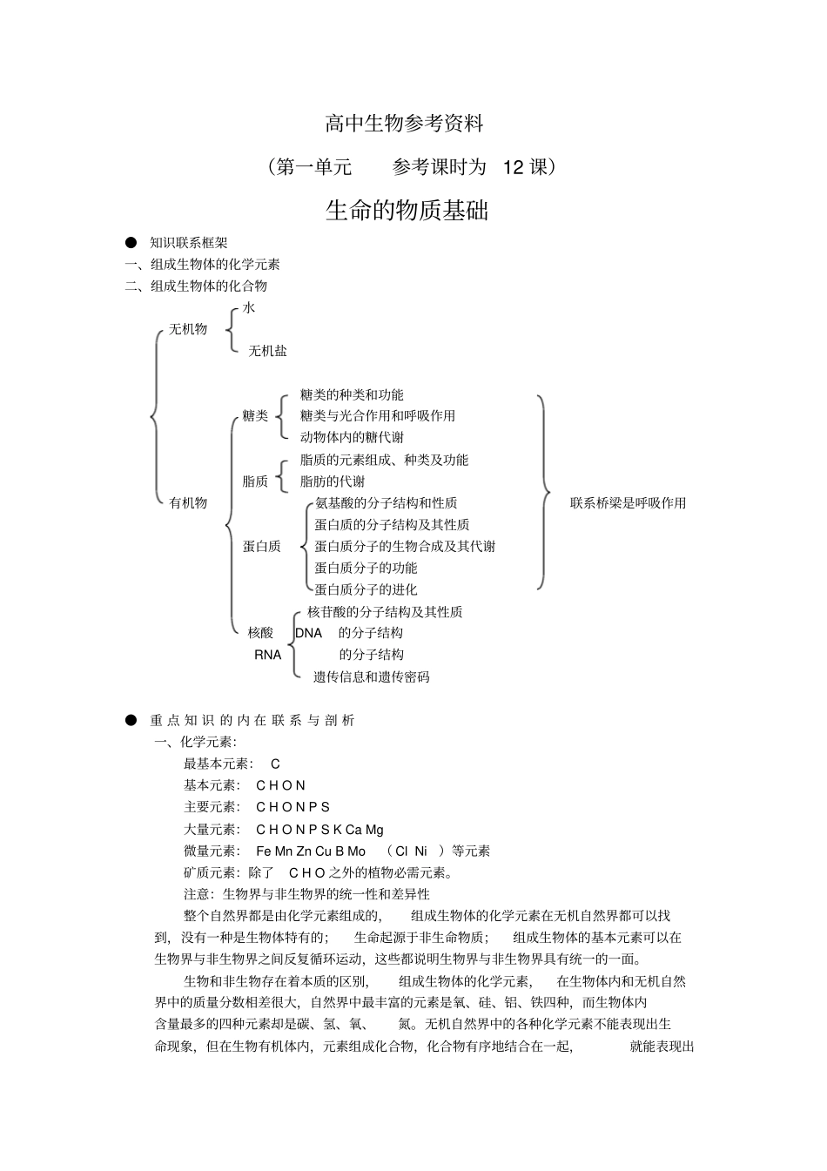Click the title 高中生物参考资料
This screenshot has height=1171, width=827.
coord(404,124)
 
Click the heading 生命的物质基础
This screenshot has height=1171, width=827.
coord(407,211)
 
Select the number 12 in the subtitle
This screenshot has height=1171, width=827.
coord(514,167)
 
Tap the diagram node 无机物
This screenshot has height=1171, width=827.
coord(188,329)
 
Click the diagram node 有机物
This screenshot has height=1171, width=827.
coord(188,502)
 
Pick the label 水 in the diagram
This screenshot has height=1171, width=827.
coord(249,307)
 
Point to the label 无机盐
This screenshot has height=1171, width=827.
coord(267,351)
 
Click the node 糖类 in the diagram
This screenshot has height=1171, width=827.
coord(255,416)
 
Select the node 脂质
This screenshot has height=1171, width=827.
coord(255,481)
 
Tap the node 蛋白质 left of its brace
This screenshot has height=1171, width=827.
coord(261,547)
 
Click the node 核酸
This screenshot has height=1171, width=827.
coord(260,633)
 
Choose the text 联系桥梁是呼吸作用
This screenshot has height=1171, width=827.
coord(628,503)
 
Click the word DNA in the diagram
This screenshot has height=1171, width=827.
coord(309,633)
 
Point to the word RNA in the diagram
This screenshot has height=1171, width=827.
coord(268,655)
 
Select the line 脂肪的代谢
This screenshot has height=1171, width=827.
coord(333,481)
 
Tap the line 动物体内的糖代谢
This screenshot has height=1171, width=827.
coord(352,438)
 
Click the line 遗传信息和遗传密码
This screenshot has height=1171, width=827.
coord(371,677)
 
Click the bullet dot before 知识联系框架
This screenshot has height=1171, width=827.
coord(131,243)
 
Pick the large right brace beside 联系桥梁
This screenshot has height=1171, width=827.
coord(543,493)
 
